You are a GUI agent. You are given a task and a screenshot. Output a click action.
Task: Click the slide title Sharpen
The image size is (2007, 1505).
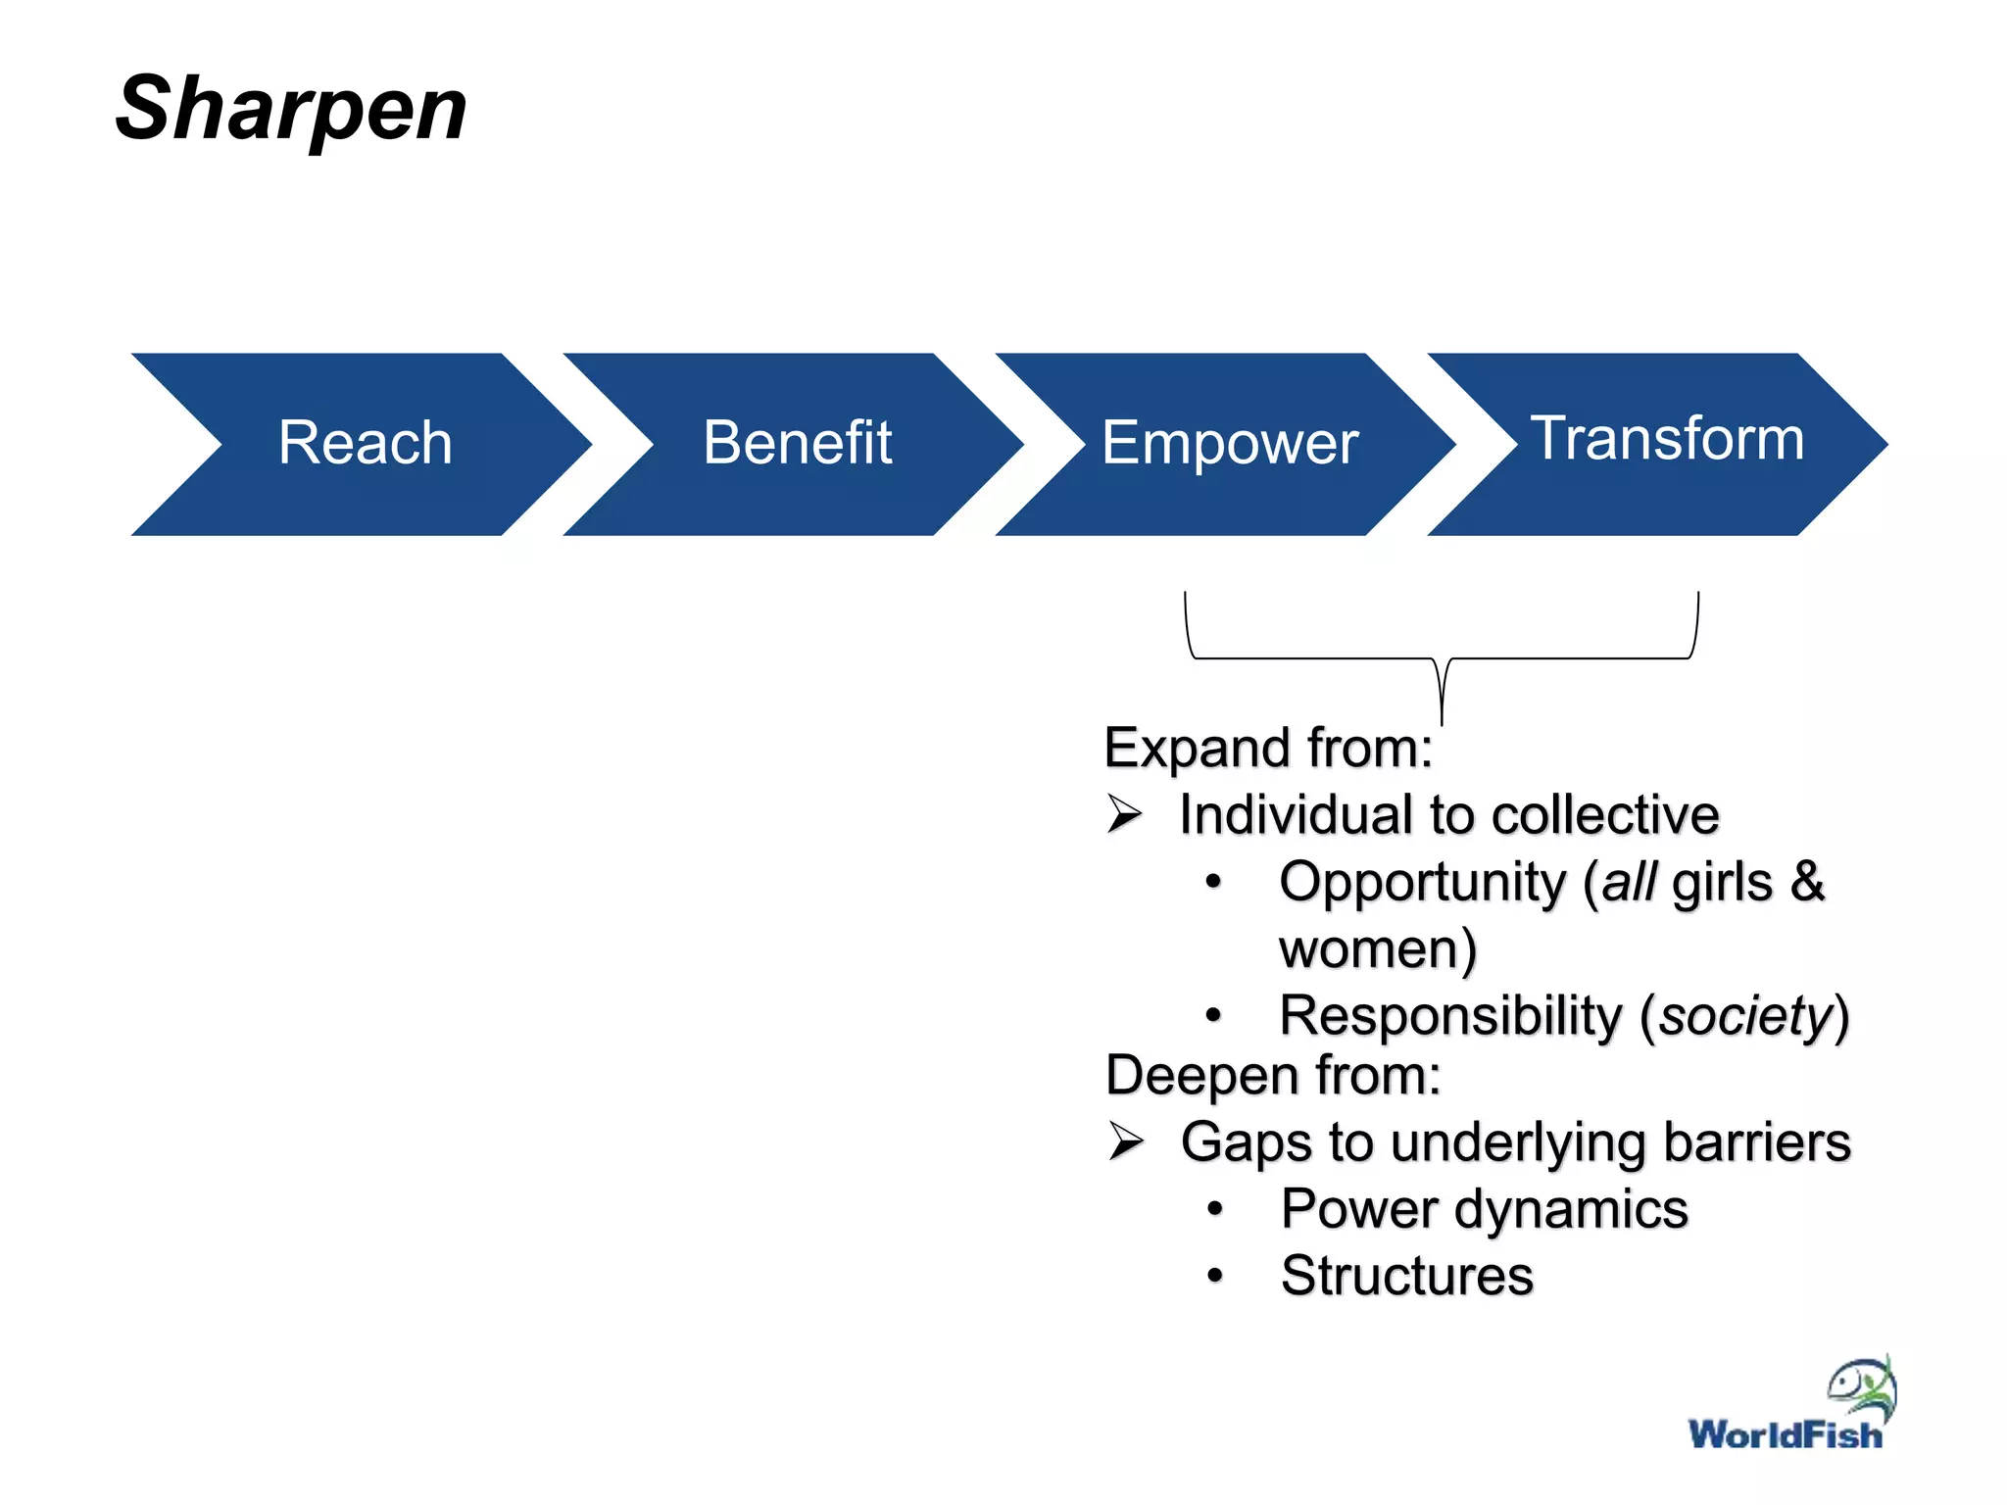[291, 109]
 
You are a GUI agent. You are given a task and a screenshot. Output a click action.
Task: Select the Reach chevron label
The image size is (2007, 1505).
[365, 443]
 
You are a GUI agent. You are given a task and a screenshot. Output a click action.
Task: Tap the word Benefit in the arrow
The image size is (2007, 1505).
[797, 443]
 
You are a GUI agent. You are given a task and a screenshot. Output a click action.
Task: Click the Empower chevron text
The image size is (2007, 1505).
[1229, 443]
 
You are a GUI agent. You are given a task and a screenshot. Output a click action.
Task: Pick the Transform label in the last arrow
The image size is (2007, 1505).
[1667, 438]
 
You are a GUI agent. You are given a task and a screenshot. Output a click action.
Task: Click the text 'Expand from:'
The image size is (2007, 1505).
[1268, 749]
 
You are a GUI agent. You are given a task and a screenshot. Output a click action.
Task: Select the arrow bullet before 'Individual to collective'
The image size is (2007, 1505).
[1125, 814]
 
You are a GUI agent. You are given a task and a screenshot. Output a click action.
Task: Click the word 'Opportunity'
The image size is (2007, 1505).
[1423, 882]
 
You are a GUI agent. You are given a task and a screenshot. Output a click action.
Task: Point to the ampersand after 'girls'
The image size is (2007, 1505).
[1807, 881]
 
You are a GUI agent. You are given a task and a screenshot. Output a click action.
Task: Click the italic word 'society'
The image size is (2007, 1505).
[1745, 1016]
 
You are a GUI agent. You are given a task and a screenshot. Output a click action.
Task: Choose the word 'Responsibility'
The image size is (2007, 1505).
[1450, 1016]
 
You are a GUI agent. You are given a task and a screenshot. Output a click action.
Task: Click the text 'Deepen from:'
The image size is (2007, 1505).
[1273, 1076]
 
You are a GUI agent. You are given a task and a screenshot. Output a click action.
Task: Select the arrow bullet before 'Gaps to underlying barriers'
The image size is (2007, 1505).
[1126, 1141]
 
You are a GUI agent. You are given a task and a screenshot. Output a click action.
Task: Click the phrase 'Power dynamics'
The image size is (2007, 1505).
[1484, 1209]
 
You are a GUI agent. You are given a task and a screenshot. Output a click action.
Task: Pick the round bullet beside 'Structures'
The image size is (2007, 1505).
[1215, 1276]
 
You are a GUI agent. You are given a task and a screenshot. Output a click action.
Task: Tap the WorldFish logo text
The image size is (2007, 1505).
[1785, 1435]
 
